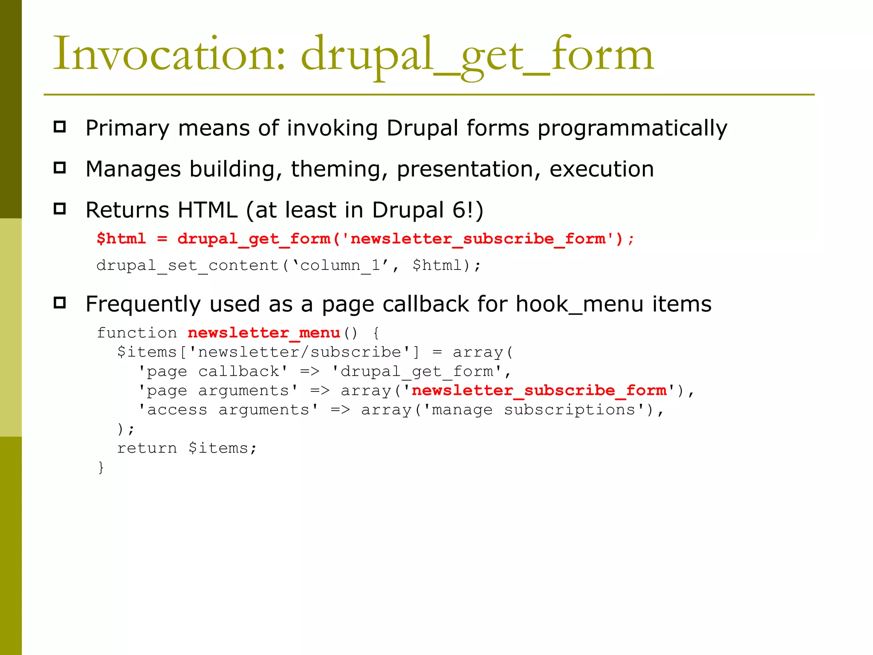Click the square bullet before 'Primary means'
point(60,127)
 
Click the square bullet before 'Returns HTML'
point(60,209)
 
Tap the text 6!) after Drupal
point(468,210)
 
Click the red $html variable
point(121,238)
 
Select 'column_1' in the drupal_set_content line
point(340,266)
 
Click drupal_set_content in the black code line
point(188,266)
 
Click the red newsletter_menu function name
point(264,333)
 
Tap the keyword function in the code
point(136,333)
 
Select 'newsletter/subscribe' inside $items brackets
point(299,352)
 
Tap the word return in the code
point(147,448)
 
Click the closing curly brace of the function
point(101,467)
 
